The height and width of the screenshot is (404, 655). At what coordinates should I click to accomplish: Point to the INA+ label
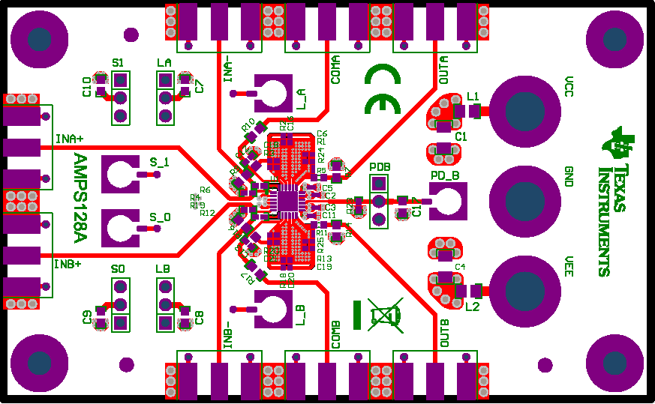click(69, 139)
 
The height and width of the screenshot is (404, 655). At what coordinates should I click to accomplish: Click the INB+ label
click(67, 264)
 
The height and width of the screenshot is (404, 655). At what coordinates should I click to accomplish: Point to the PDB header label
click(380, 166)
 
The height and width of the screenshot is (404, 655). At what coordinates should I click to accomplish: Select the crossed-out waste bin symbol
click(385, 314)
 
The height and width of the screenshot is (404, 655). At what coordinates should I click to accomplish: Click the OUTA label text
click(443, 70)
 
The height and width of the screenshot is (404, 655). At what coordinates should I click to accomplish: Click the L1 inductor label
click(473, 96)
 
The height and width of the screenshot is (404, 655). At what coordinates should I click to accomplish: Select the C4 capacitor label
click(461, 267)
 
